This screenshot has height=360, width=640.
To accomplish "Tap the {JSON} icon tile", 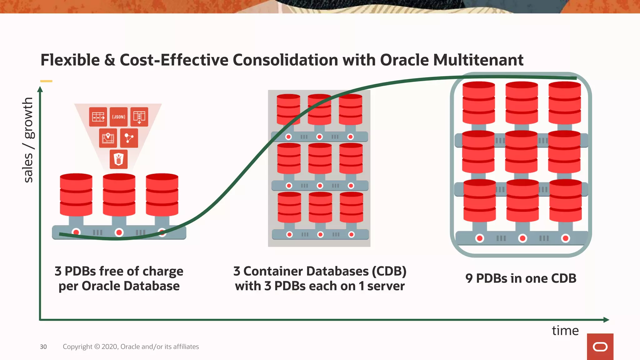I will point(118,117).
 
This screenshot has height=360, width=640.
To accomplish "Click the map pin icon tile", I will point(108,138).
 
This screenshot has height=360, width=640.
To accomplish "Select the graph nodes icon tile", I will point(129,138).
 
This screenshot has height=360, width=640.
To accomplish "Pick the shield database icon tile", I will point(118,159).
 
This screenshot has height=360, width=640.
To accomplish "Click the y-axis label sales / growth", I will point(28,140).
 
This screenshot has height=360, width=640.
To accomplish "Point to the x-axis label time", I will point(565,331).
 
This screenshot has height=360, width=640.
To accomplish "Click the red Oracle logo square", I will point(600,347).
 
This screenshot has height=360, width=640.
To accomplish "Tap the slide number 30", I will point(43,347).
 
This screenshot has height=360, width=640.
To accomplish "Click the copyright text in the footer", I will point(131,347).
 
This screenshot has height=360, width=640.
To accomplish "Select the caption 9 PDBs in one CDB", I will point(521,278).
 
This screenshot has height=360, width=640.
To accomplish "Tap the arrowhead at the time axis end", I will point(606,320).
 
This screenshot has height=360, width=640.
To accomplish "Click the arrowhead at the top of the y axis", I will point(40,90).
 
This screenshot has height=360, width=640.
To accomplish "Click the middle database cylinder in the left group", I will point(119,195).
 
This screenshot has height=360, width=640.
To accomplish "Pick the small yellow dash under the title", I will point(46,81).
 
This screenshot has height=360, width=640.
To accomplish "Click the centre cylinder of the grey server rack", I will point(320,158).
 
